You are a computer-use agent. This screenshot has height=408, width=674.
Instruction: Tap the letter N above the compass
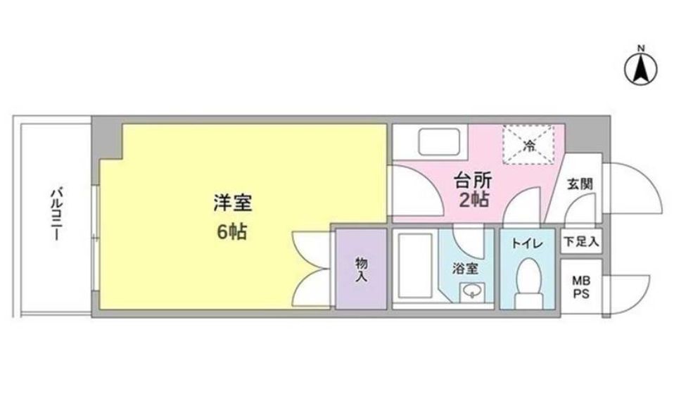pyautogui.click(x=640, y=49)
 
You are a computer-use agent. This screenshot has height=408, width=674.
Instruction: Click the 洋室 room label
pyautogui.click(x=231, y=203)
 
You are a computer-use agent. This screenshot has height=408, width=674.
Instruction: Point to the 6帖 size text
pyautogui.click(x=231, y=232)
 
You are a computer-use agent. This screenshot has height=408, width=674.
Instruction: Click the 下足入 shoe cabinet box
pyautogui.click(x=580, y=242)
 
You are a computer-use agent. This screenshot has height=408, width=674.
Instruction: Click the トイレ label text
pyautogui.click(x=526, y=244)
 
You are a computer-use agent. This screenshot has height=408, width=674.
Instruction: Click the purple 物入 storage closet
pyautogui.click(x=361, y=268)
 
